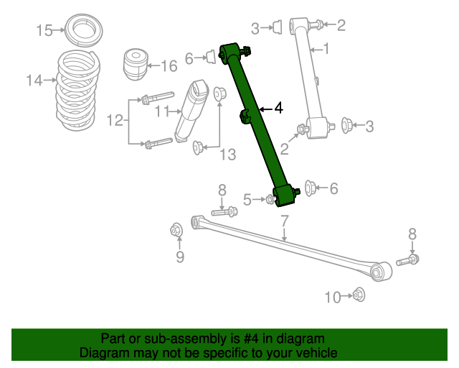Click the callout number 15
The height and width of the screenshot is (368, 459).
pyautogui.click(x=44, y=30)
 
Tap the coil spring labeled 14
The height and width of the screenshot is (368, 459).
pyautogui.click(x=78, y=91)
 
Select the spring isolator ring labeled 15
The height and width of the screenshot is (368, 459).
pyautogui.click(x=83, y=29)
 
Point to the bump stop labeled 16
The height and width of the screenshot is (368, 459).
pyautogui.click(x=135, y=64)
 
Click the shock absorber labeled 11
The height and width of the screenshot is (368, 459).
pyautogui.click(x=191, y=111)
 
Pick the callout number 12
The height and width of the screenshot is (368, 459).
pyautogui.click(x=115, y=120)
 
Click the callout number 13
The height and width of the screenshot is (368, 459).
pyautogui.click(x=228, y=155)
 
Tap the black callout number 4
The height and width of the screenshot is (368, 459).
pyautogui.click(x=279, y=109)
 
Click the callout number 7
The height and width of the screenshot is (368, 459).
pyautogui.click(x=285, y=221)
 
